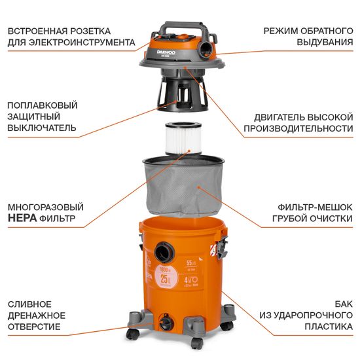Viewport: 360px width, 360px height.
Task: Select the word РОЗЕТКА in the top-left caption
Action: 88,31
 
